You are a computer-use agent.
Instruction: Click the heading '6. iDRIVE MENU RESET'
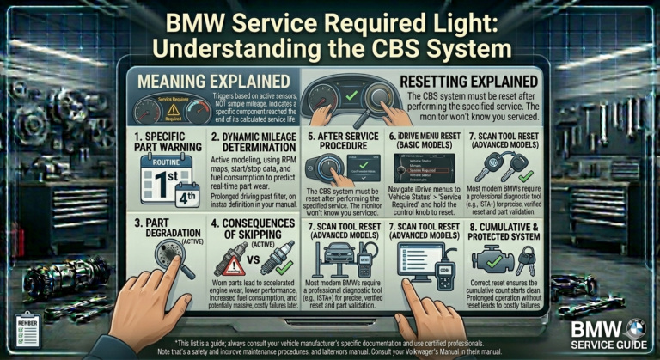425,141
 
